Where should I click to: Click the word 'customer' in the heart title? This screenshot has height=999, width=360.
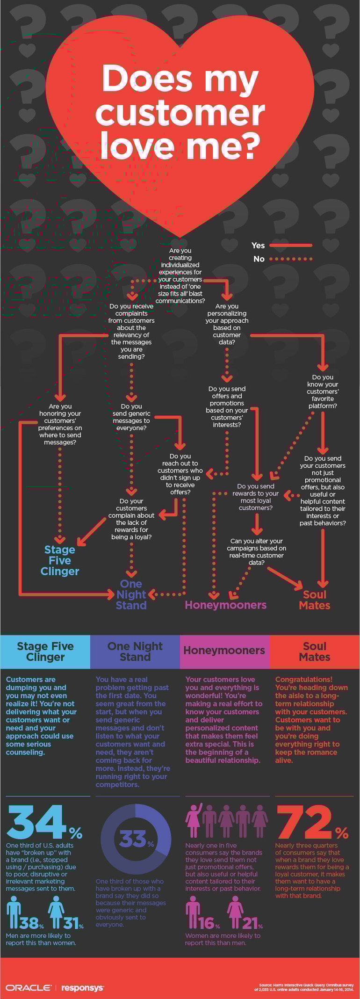click(x=180, y=112)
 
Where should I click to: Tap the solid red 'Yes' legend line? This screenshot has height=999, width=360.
click(x=290, y=245)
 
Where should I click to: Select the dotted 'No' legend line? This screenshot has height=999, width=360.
click(x=290, y=259)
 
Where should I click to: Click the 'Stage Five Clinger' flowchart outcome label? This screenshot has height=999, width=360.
click(x=60, y=560)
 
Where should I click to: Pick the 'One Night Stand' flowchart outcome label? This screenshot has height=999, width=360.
click(x=131, y=594)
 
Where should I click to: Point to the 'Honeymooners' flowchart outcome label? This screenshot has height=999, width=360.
click(x=225, y=605)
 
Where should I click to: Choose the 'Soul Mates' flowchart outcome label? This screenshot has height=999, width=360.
click(x=315, y=600)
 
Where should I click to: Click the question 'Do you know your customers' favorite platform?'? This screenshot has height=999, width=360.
click(x=323, y=391)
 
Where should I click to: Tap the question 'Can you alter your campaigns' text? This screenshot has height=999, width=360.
click(x=256, y=551)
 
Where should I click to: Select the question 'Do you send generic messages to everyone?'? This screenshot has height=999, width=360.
click(x=131, y=417)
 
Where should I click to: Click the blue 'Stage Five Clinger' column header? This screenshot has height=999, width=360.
click(x=45, y=652)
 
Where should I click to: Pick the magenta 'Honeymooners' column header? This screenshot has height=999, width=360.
click(x=224, y=650)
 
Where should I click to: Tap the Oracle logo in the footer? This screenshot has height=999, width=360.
click(x=28, y=987)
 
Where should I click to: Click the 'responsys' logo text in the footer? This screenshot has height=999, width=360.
click(x=82, y=987)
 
